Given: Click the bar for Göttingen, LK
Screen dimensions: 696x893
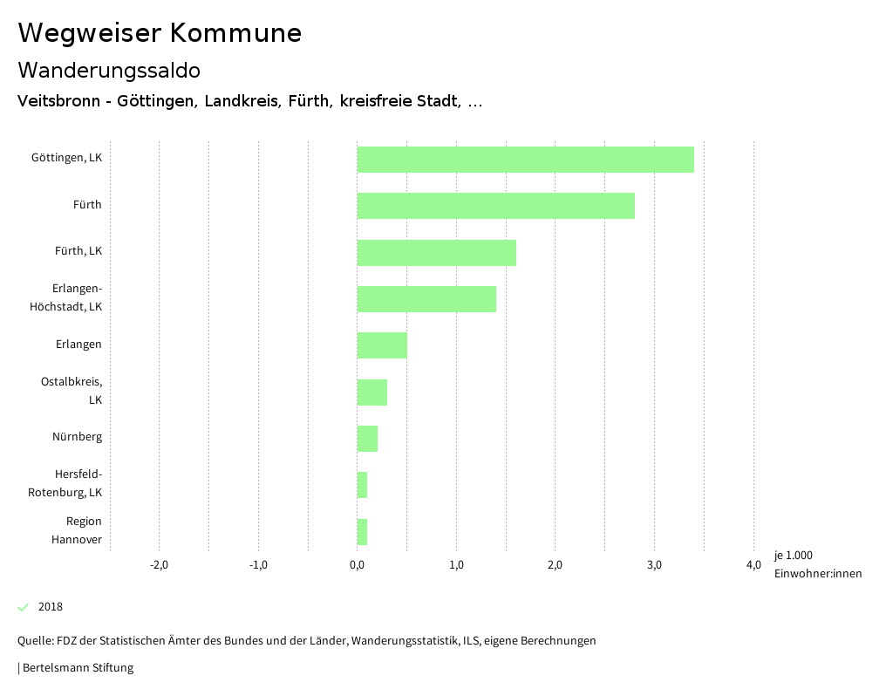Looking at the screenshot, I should coord(525,160).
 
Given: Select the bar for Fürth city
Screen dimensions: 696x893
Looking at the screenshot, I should coord(495,206).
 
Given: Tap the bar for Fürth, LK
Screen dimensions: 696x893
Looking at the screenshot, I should coord(436,252).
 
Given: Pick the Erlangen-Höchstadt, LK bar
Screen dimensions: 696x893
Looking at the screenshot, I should coord(426,298).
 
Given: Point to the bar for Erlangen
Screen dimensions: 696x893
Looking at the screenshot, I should coord(382,345).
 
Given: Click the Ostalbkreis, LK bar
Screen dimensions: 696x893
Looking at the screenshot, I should coord(372,392).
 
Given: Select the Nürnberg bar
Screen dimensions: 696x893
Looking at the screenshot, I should coord(367,438).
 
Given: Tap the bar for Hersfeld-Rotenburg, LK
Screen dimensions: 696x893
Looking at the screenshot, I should coord(362,484).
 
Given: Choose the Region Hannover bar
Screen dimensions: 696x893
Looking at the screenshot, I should coord(362,531).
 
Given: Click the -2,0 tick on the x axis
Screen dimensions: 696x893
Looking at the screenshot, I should coord(159,565).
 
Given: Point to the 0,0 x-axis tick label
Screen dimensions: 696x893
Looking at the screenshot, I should coord(357,565).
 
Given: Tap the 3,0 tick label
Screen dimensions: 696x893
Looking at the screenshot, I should coord(654,565).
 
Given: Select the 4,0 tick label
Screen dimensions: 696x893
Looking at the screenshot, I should coord(753,565).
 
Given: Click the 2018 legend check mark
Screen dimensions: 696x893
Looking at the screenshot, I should coord(24,607).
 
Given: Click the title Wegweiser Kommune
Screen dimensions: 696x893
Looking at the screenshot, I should coord(160,33).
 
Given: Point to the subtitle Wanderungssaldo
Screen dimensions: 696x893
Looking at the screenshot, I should coord(109,70).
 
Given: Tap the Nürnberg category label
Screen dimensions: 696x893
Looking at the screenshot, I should coord(77,437).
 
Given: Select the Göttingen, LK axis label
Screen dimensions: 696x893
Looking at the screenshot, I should coord(66,158).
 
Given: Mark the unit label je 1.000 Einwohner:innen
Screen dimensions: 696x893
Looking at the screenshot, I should coord(817,564).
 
